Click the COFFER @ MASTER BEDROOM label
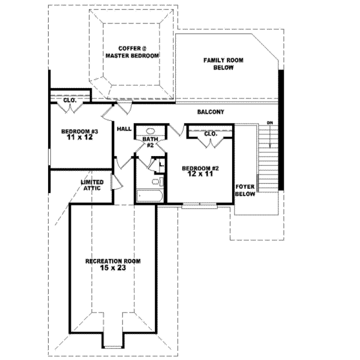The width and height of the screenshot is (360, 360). [132, 52]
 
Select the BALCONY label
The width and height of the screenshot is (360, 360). [210, 112]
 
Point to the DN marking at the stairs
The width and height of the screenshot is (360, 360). [270, 124]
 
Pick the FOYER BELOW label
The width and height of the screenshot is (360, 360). [245, 190]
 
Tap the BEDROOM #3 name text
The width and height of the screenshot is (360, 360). [80, 131]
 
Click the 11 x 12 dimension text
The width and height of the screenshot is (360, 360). [80, 137]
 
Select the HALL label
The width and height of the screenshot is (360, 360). [124, 129]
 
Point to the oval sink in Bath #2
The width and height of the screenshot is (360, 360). [149, 131]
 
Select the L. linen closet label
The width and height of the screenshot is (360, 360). [161, 164]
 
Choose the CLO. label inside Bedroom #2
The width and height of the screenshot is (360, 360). [210, 134]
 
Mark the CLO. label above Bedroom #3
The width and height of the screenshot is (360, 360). [69, 100]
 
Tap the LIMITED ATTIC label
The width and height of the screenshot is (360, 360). [92, 185]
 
